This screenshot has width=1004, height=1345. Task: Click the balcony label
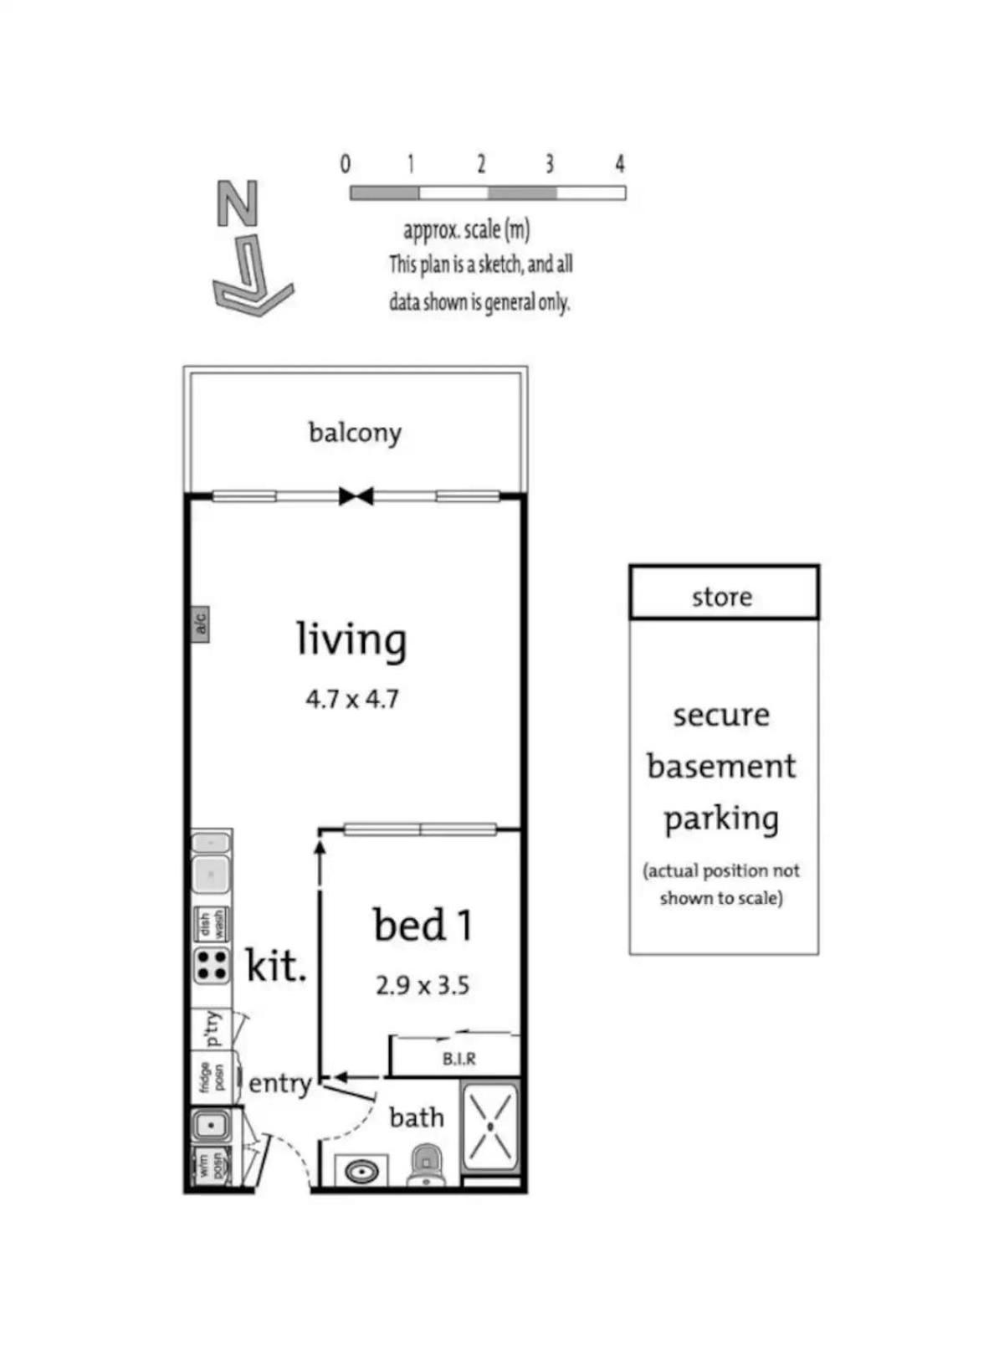355,434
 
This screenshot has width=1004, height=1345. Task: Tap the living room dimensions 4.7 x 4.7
352,699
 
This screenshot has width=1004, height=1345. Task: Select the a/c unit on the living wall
200,624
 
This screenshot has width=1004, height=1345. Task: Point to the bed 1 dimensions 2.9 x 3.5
422,986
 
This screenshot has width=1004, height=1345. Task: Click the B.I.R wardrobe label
458,1058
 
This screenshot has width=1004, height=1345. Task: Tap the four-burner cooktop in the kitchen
212,967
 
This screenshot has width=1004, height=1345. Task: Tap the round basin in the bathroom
361,1173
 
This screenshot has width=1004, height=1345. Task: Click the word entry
280,1084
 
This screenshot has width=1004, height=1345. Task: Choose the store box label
722,598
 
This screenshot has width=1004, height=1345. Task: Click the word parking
721,820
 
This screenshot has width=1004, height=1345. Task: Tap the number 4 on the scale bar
620,163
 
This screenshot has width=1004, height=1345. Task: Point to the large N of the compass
238,203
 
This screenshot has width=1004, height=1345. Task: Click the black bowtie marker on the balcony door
356,496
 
